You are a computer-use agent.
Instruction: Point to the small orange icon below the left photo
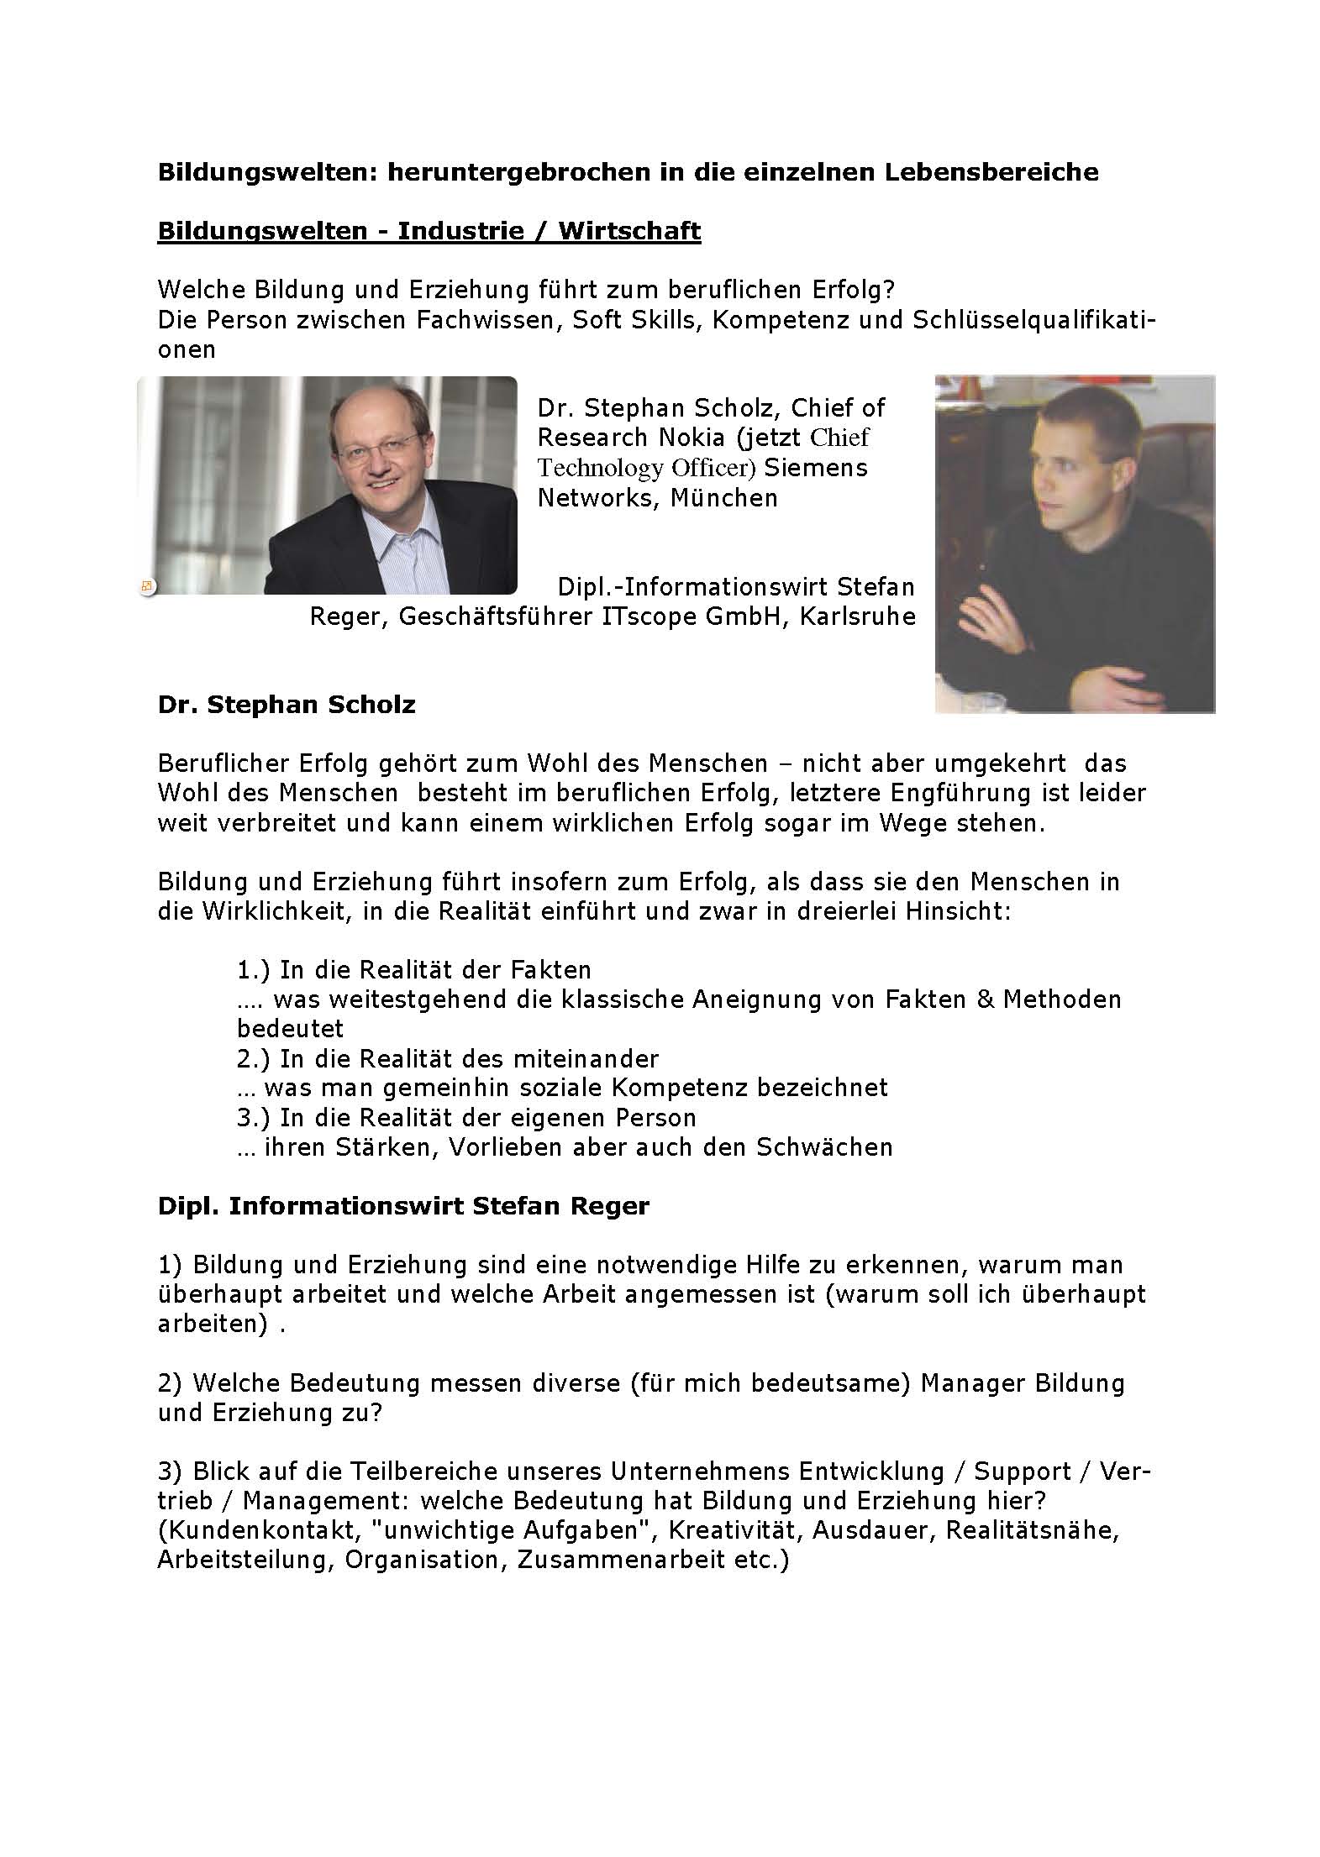[147, 585]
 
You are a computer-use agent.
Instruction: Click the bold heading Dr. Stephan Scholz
[287, 704]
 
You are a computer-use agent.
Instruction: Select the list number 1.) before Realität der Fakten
[253, 970]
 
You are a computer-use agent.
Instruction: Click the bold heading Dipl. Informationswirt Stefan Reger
[403, 1206]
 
